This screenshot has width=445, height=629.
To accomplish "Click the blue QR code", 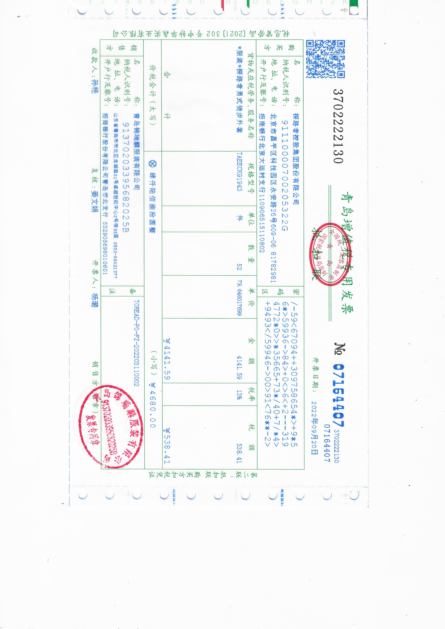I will (x=325, y=59).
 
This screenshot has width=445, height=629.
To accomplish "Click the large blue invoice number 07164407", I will (x=339, y=395).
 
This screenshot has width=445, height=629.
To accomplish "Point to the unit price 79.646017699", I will (x=239, y=298).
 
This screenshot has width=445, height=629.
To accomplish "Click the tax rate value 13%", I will (x=239, y=395).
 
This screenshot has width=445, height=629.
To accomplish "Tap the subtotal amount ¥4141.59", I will (x=167, y=359).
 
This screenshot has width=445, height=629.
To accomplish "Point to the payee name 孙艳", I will (x=95, y=87).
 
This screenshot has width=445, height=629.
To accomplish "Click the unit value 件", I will (x=239, y=218).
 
